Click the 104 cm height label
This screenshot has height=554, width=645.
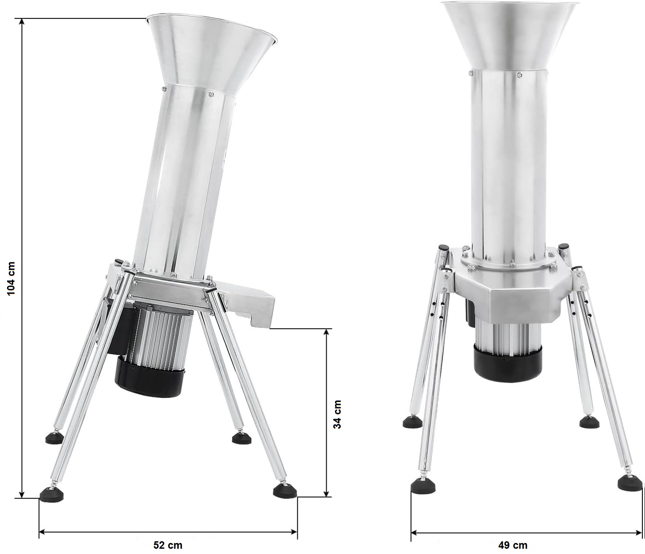pos(11,278)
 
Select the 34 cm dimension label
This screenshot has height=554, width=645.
pos(337,414)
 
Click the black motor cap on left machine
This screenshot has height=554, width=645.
pos(149,377)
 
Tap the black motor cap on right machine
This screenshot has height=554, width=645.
pos(508,361)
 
